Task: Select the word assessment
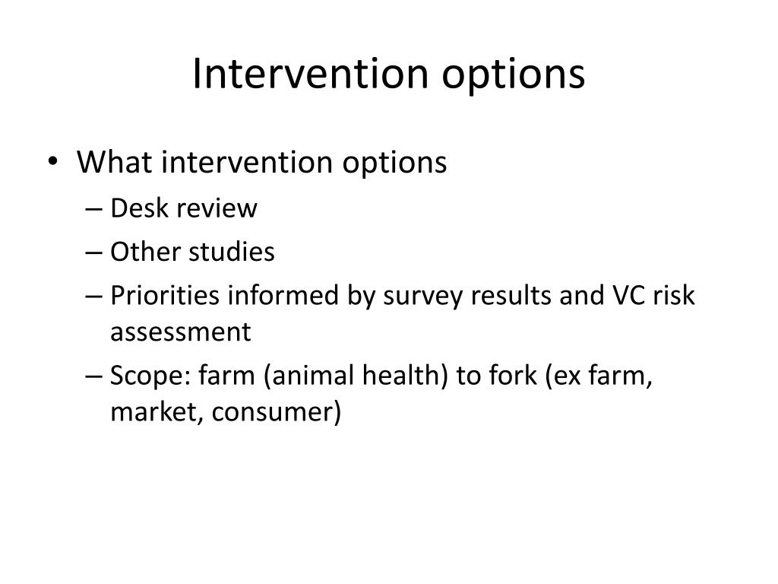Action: coord(180,332)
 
